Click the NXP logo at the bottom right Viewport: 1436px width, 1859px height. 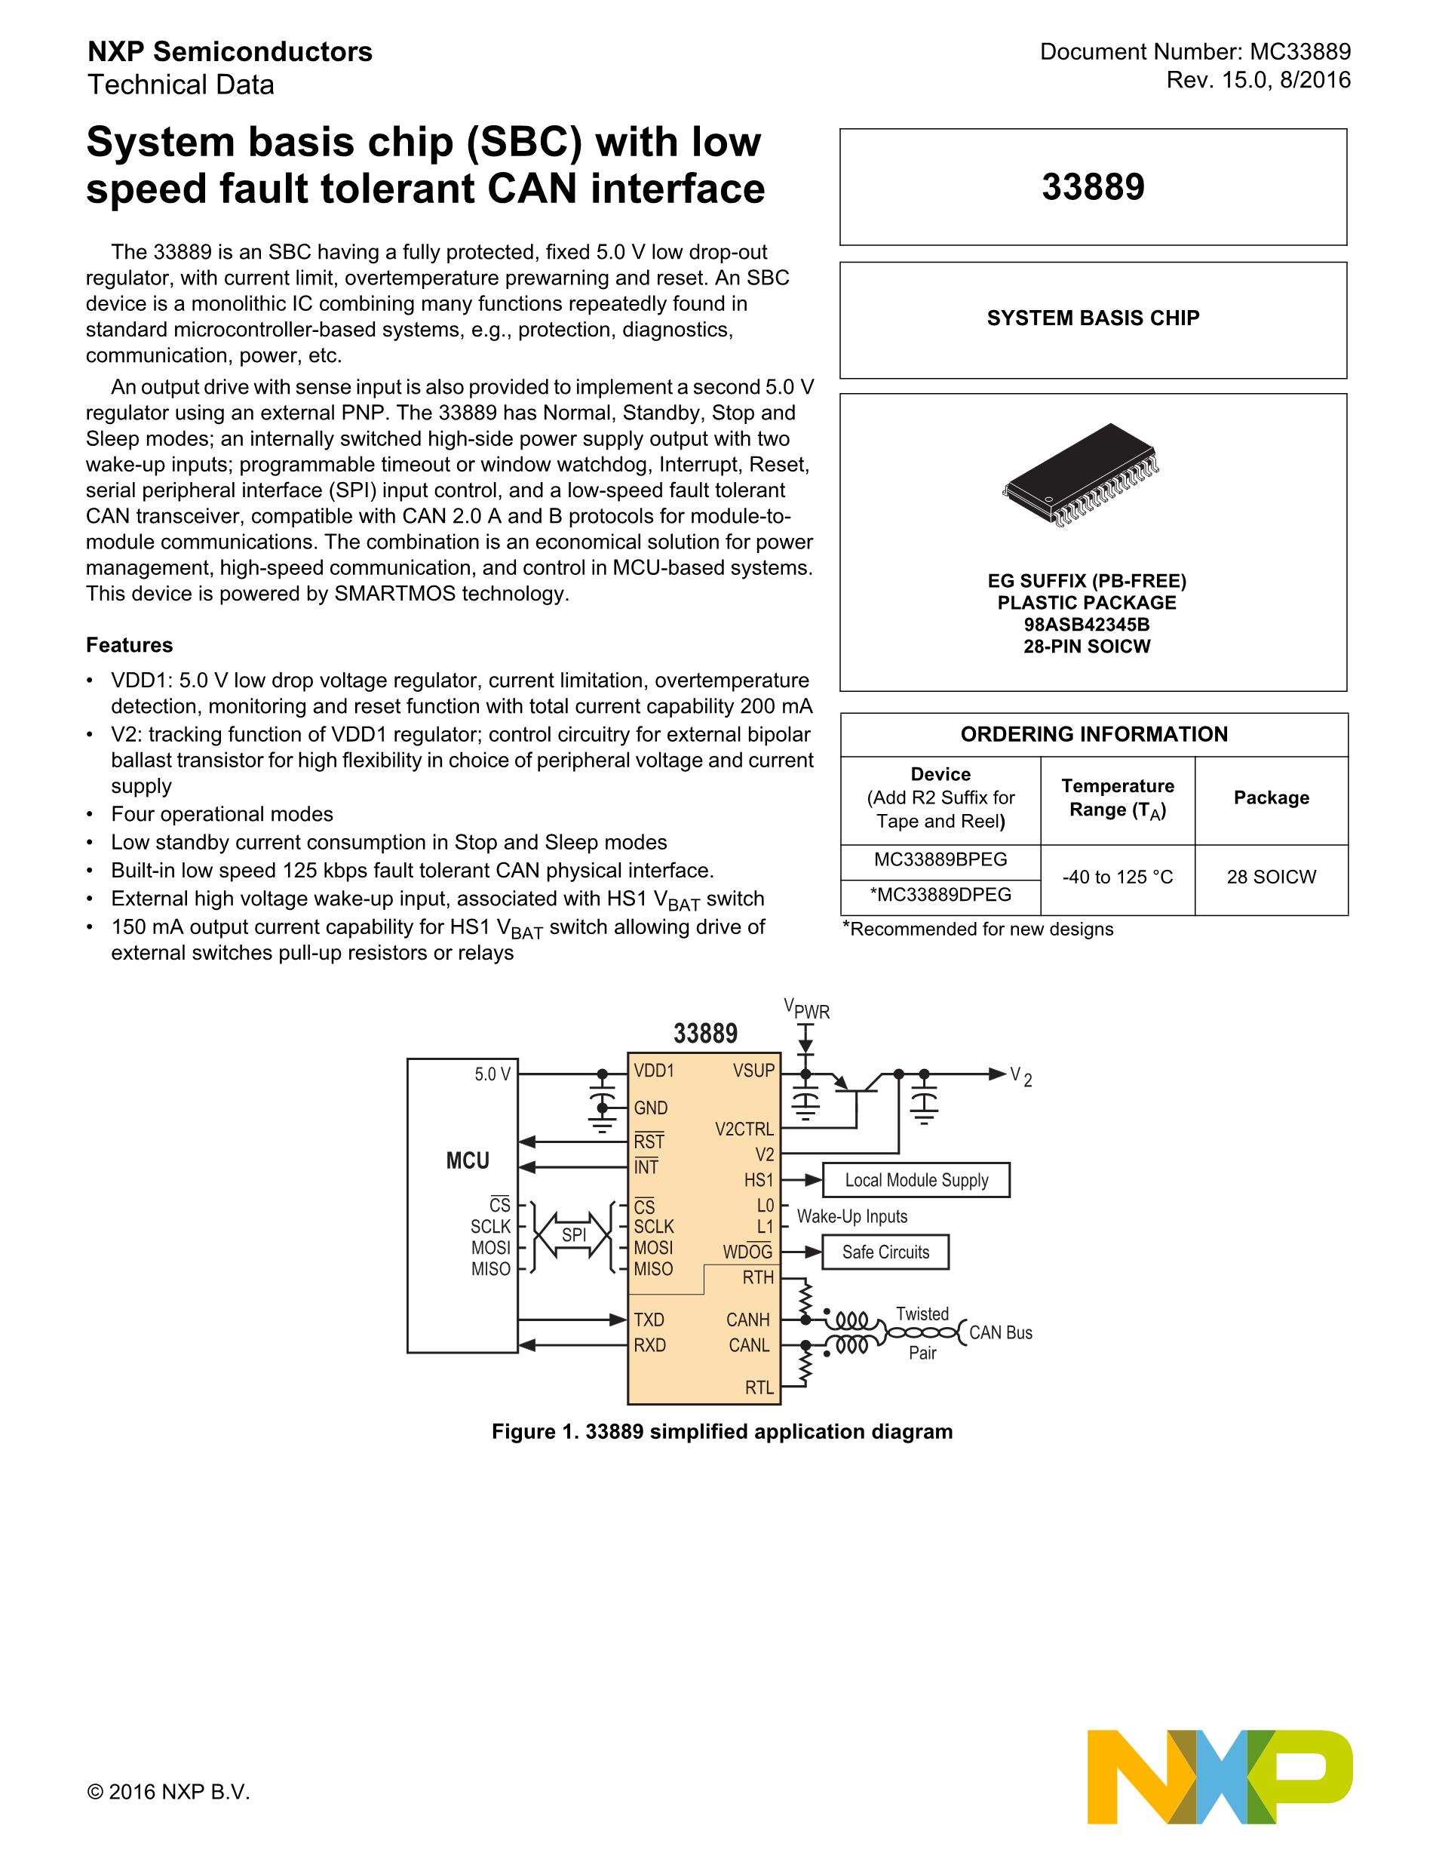pyautogui.click(x=1220, y=1774)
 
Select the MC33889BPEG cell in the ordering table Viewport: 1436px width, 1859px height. pyautogui.click(x=940, y=859)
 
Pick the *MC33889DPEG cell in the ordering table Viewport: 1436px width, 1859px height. pyautogui.click(x=940, y=895)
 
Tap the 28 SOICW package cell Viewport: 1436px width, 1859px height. pyautogui.click(x=1271, y=877)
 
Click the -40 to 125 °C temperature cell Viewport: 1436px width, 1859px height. pyautogui.click(x=1117, y=877)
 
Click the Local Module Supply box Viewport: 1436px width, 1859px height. pyautogui.click(x=916, y=1181)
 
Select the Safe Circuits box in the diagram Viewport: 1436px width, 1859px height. pyautogui.click(x=885, y=1252)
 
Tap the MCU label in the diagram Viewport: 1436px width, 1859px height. pyautogui.click(x=468, y=1161)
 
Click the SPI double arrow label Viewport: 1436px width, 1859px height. pyautogui.click(x=574, y=1234)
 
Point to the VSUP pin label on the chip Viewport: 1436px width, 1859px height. pyautogui.click(x=753, y=1071)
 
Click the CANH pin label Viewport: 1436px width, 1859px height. pyautogui.click(x=747, y=1320)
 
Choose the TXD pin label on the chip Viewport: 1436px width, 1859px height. pyautogui.click(x=649, y=1320)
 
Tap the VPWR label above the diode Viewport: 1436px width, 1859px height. pyautogui.click(x=806, y=1009)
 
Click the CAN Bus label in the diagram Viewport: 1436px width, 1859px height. pyautogui.click(x=1000, y=1333)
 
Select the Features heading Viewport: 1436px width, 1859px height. pyautogui.click(x=129, y=645)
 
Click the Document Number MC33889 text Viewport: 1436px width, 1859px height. pyautogui.click(x=1195, y=52)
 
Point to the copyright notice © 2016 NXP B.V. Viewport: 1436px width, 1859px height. pyautogui.click(x=168, y=1792)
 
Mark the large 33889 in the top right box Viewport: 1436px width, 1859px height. pyautogui.click(x=1093, y=187)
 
